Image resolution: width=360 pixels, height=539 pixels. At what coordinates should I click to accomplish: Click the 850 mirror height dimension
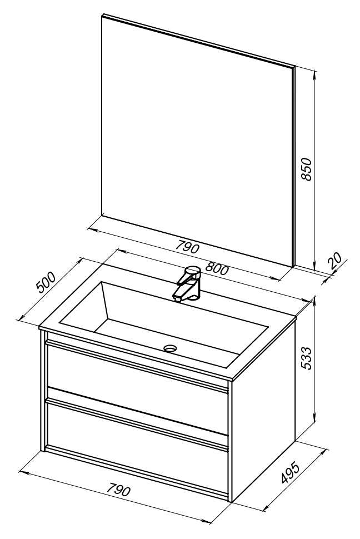tap(306, 169)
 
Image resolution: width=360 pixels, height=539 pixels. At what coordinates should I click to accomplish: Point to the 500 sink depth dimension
tap(46, 282)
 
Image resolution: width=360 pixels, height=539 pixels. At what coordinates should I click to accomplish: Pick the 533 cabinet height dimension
tap(306, 358)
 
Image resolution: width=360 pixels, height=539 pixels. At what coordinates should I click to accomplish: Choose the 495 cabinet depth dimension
tap(290, 473)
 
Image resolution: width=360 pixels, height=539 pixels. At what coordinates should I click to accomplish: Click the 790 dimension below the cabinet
tap(118, 489)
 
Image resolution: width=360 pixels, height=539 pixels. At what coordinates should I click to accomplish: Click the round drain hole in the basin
tap(170, 348)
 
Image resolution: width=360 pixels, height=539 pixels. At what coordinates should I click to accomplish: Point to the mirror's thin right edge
tap(294, 166)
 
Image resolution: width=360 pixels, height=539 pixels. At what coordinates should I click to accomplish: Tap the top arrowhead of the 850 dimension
tap(314, 73)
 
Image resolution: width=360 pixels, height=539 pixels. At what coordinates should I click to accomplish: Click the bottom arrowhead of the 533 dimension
tap(314, 417)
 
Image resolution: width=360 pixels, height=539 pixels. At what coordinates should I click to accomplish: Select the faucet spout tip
tap(177, 300)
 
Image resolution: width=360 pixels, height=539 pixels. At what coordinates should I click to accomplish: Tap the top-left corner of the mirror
tap(102, 15)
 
